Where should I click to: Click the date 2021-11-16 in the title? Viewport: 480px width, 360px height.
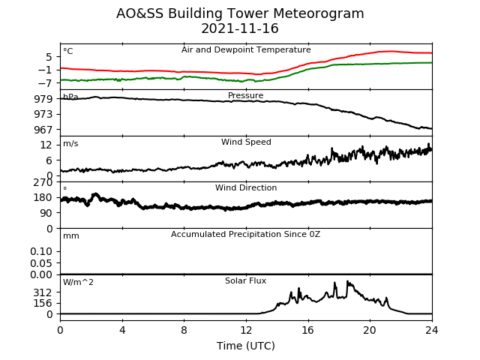[x=240, y=28]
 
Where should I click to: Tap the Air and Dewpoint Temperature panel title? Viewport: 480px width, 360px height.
[x=246, y=50]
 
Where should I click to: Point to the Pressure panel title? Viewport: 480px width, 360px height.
[x=245, y=95]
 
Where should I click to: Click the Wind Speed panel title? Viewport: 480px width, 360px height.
[x=246, y=142]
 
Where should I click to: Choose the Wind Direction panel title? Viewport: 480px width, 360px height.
[x=246, y=187]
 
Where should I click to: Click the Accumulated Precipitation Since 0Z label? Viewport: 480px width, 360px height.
[x=245, y=235]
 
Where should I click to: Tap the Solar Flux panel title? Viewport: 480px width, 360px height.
[x=245, y=280]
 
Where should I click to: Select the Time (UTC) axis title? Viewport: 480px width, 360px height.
[x=246, y=346]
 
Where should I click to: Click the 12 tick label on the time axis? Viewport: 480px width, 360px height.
[x=246, y=330]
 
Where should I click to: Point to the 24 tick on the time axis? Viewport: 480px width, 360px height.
[x=432, y=330]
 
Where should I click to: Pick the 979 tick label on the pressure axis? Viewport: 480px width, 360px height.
[x=43, y=99]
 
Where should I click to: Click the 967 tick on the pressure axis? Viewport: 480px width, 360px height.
[x=43, y=130]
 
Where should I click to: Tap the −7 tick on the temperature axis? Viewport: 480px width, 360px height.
[x=45, y=83]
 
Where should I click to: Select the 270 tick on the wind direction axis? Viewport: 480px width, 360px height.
[x=43, y=182]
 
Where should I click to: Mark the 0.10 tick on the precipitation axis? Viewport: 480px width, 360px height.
[x=41, y=252]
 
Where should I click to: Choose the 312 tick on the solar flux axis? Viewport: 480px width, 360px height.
[x=43, y=293]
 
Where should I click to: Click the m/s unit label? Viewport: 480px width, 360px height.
[x=70, y=143]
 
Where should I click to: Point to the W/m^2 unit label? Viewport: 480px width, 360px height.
[x=78, y=282]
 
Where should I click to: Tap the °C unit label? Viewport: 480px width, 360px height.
[x=68, y=51]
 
